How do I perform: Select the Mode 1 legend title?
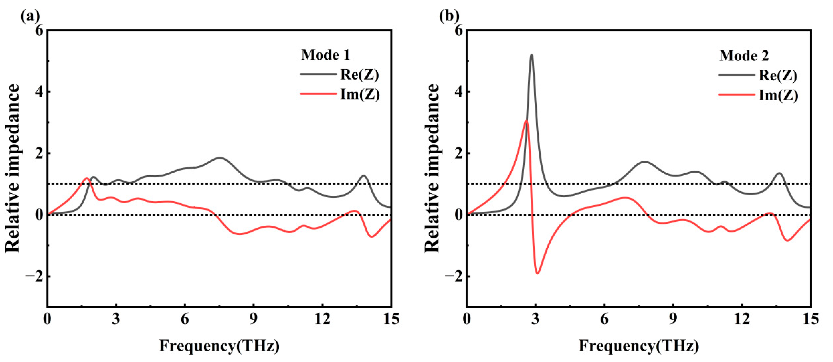click(x=325, y=55)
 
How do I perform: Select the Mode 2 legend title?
click(x=744, y=56)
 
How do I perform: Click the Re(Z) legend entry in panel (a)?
click(x=359, y=75)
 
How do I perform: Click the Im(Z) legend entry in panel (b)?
click(x=778, y=95)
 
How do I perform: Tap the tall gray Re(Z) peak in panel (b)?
click(x=531, y=55)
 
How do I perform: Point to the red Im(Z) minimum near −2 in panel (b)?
click(x=537, y=273)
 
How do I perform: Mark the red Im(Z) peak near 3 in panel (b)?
click(x=526, y=121)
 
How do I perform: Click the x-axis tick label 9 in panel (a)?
click(x=254, y=320)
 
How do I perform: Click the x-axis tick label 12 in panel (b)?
click(x=741, y=320)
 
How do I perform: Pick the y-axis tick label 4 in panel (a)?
click(x=39, y=92)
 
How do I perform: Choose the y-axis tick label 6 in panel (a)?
click(x=39, y=31)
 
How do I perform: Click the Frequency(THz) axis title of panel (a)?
click(x=219, y=346)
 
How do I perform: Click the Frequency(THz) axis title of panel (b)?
click(x=639, y=346)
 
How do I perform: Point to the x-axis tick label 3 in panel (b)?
click(x=536, y=320)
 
